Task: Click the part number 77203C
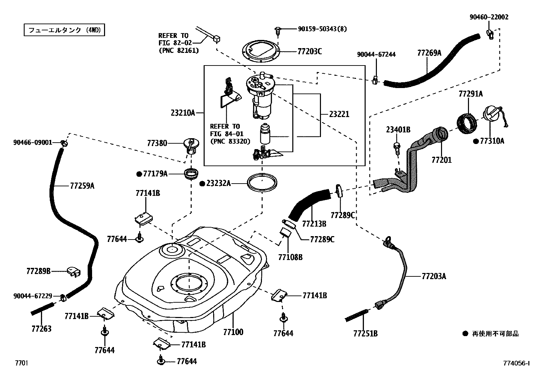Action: tap(310, 52)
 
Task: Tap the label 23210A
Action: tap(183, 113)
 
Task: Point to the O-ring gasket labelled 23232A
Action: tap(262, 183)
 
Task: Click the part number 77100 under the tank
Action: tap(233, 332)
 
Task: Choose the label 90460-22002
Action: tap(489, 17)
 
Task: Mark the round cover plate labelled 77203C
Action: tap(261, 51)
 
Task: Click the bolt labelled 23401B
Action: tap(397, 148)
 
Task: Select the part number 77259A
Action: tap(82, 186)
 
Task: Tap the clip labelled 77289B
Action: tap(74, 272)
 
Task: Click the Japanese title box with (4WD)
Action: tap(64, 30)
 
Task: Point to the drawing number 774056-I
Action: tap(516, 363)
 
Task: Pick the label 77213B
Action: tap(314, 223)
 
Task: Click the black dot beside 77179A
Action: tap(139, 174)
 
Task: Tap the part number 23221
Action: tap(339, 114)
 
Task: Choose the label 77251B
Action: tap(366, 333)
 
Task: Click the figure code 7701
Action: tap(21, 363)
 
